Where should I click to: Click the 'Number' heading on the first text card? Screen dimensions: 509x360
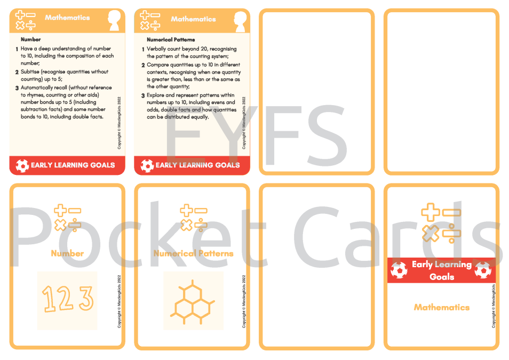click(30, 39)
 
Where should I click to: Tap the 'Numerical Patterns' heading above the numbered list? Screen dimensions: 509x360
click(171, 39)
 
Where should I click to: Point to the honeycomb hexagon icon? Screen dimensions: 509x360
click(193, 302)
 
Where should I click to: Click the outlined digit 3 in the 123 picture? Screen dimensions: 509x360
click(86, 298)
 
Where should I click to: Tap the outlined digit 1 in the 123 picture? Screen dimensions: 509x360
click(49, 299)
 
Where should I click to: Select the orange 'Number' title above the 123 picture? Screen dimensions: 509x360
click(67, 253)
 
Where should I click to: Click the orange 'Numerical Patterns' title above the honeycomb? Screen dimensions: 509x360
click(194, 253)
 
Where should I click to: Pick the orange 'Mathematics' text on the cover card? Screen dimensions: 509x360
click(441, 307)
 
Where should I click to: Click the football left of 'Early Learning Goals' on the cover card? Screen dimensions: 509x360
click(399, 270)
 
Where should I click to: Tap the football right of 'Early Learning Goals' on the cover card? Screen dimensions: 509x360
click(483, 270)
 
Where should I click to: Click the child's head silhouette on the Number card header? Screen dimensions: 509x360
click(114, 20)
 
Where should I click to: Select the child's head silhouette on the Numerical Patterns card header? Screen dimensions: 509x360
click(241, 21)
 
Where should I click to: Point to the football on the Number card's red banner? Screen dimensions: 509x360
click(22, 165)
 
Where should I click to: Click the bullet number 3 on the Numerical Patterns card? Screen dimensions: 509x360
click(143, 96)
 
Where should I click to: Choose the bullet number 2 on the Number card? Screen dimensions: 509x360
click(17, 72)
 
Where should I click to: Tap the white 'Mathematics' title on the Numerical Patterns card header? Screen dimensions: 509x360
click(193, 19)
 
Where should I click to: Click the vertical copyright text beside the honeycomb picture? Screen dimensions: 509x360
click(244, 301)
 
